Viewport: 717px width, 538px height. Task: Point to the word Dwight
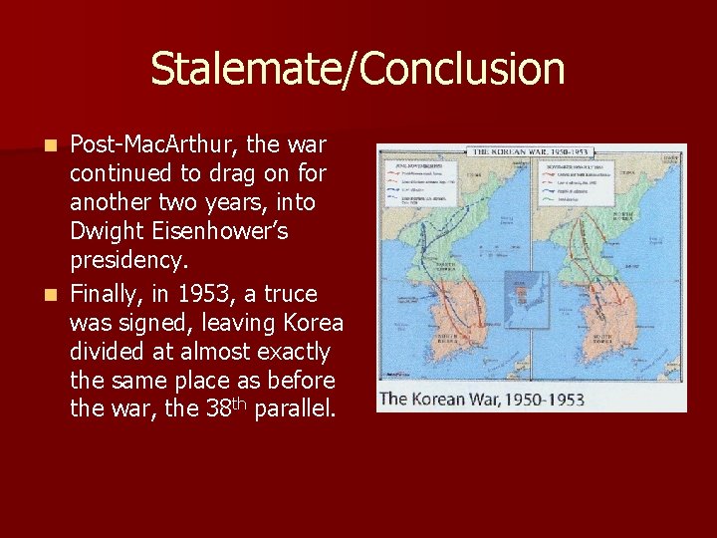pos(102,232)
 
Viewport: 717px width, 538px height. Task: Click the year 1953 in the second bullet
pos(207,294)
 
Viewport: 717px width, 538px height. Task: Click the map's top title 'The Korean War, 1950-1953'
pos(532,152)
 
